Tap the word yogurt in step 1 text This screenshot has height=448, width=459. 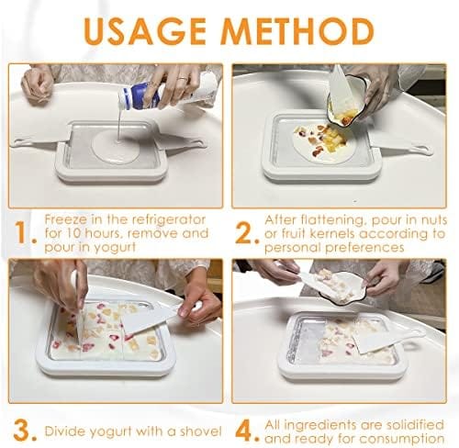click(115, 248)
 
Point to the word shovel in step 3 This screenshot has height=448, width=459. click(200, 431)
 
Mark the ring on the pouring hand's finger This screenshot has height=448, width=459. click(183, 79)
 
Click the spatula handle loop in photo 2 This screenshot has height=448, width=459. click(426, 150)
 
